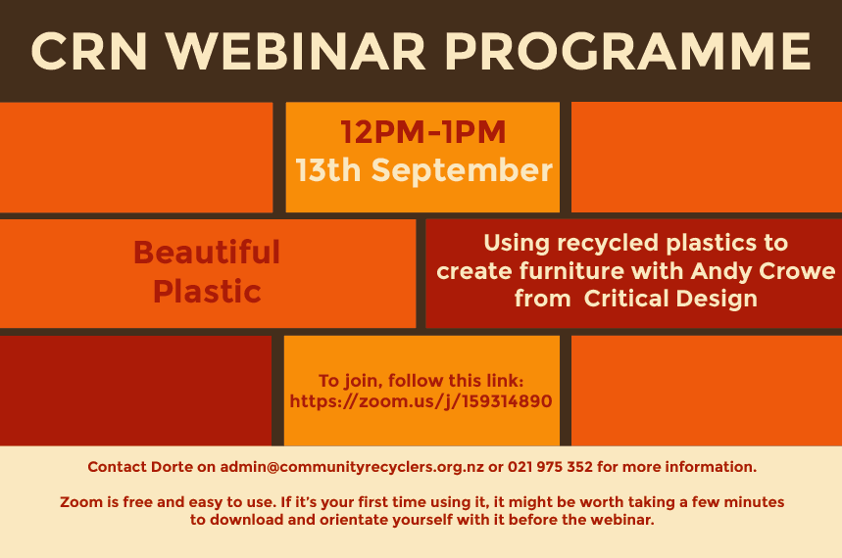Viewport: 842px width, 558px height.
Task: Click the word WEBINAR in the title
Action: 295,52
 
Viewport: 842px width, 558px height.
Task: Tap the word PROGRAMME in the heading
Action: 627,52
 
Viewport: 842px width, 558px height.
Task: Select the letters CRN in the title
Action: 89,52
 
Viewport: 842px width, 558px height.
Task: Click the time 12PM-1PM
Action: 423,132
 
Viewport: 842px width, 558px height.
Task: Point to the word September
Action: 462,170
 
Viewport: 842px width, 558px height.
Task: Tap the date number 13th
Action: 328,170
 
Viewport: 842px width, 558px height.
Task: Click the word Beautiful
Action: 207,253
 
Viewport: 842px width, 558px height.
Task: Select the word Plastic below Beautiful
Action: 207,292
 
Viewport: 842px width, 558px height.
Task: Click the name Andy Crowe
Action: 763,271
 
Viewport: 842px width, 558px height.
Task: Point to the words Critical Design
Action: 670,299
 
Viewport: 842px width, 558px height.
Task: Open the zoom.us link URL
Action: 421,401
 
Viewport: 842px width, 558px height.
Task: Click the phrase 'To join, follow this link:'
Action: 421,381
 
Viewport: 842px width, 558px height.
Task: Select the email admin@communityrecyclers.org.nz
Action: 352,467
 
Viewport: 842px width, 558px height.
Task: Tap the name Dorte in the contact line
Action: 172,467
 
